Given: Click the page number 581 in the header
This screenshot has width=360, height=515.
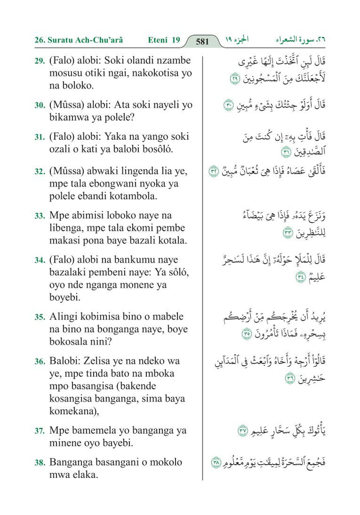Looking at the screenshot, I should point(202,41).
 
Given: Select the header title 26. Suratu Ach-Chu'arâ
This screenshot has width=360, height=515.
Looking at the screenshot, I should point(79,40).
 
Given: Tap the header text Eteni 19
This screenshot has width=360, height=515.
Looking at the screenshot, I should point(164,40).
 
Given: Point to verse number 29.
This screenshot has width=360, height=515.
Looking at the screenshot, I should point(39,61).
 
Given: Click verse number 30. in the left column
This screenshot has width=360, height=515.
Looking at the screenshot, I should point(39,106).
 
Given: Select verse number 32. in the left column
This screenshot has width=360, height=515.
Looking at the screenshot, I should point(39,172).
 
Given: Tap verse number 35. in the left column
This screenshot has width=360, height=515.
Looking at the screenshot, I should point(39,317).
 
